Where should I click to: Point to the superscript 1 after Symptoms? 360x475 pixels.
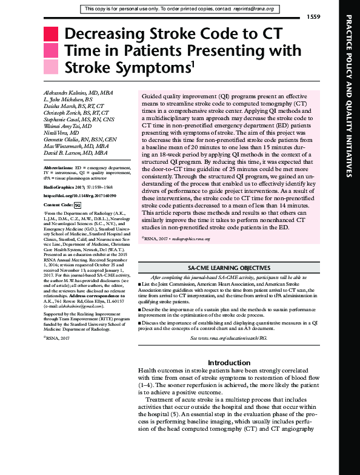tap(193, 62)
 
